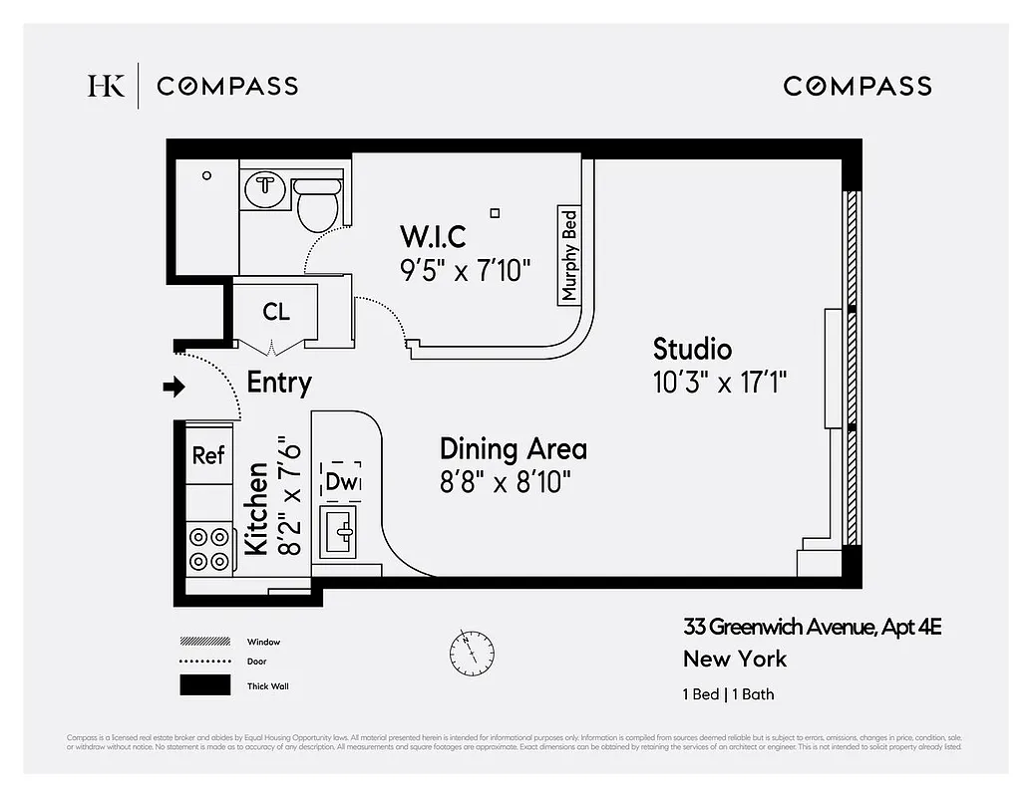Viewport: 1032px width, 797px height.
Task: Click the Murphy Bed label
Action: (569, 255)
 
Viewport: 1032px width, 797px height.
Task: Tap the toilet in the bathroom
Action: (318, 203)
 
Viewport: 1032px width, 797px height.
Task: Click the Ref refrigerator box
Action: (208, 455)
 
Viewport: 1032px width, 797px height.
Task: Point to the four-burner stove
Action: (209, 549)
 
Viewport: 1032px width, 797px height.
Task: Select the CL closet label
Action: (276, 312)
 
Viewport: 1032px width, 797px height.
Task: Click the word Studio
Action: (692, 350)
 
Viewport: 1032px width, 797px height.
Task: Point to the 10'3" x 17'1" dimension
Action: (720, 384)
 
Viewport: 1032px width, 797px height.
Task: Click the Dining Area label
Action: (513, 449)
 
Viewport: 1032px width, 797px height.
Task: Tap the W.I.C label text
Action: (433, 237)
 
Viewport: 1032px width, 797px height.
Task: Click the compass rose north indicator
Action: (471, 652)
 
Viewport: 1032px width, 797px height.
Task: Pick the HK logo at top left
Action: (106, 86)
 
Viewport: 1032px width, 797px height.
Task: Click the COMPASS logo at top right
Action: (858, 86)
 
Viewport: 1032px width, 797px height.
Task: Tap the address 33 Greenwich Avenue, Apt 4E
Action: (812, 627)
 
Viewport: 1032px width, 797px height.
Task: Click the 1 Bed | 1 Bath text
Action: (728, 694)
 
